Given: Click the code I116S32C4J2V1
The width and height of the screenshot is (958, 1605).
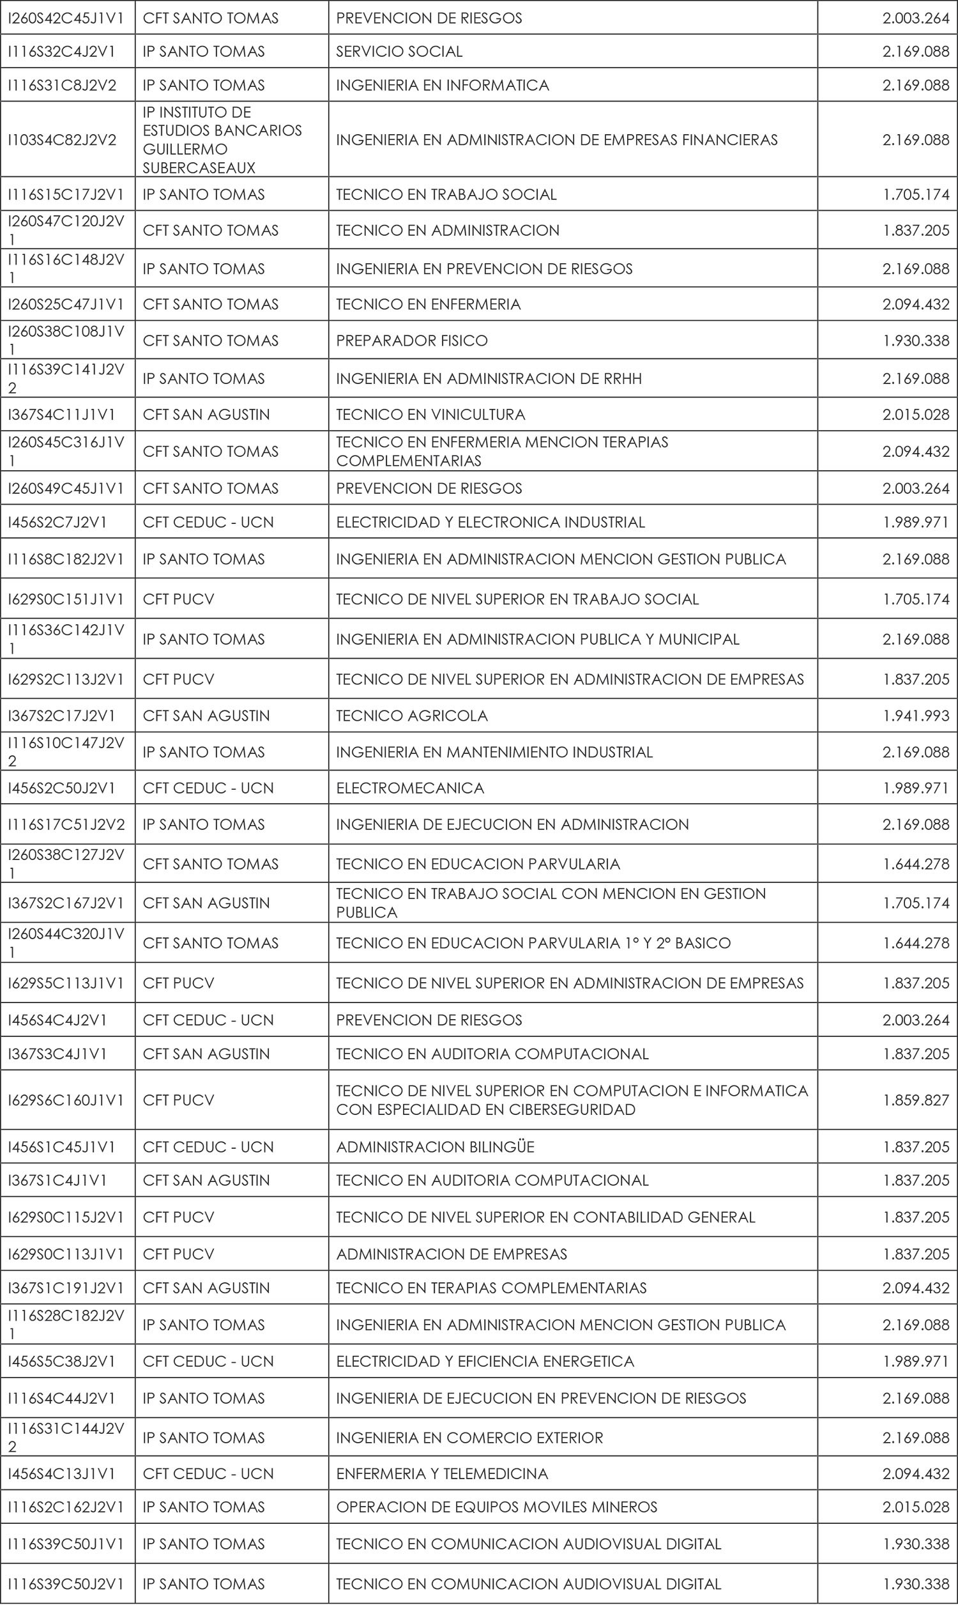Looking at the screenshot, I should click(62, 52).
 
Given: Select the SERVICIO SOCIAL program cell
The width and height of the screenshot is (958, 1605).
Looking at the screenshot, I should click(399, 52).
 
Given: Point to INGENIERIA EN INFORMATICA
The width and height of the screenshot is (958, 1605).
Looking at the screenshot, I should click(442, 85).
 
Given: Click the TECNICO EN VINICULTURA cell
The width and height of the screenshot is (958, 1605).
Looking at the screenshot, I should click(430, 415).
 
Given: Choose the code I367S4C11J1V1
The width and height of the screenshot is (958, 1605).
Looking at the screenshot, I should click(62, 415).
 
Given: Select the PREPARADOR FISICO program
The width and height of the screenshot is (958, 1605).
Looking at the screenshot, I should click(412, 341).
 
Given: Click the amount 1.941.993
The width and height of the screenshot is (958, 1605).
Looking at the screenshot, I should click(916, 716).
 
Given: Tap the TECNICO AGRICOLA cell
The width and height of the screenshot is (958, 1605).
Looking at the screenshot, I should click(412, 716).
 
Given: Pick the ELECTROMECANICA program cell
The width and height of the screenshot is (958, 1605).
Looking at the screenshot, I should click(410, 788).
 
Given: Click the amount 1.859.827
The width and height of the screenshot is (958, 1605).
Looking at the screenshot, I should click(916, 1100).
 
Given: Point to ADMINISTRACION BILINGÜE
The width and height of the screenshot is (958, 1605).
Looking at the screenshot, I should click(435, 1147).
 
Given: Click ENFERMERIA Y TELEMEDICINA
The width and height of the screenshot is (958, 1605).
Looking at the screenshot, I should click(441, 1473).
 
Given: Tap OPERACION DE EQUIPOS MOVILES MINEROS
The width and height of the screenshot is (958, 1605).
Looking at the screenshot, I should click(496, 1507).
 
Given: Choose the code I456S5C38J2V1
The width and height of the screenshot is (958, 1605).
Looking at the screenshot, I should click(62, 1361).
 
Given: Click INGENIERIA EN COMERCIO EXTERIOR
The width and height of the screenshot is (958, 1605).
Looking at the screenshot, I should click(469, 1438).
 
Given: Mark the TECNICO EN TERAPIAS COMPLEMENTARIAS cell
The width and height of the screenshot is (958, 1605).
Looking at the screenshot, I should click(491, 1287).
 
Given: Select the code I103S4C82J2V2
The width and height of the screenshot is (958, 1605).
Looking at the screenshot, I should click(62, 139).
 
